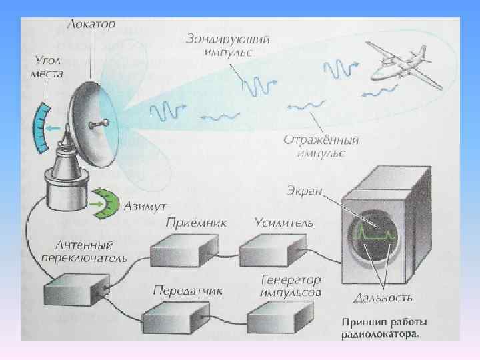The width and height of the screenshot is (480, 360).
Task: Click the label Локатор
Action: pyautogui.click(x=91, y=24)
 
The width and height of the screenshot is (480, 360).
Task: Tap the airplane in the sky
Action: pyautogui.click(x=403, y=64)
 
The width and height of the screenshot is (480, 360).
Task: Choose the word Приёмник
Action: pyautogui.click(x=197, y=223)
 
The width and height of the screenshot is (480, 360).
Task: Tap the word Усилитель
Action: pyautogui.click(x=283, y=223)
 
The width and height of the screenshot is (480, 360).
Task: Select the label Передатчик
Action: pyautogui.click(x=187, y=290)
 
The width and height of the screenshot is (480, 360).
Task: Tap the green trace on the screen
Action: pyautogui.click(x=373, y=233)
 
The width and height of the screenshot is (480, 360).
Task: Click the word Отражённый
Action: pyautogui.click(x=321, y=141)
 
